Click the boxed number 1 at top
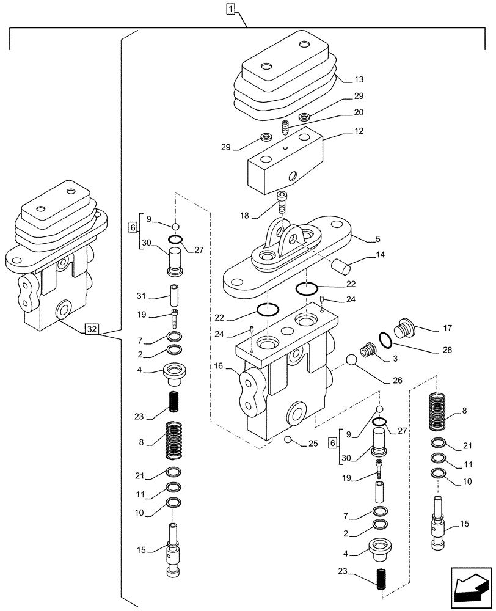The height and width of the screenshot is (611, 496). click(230, 9)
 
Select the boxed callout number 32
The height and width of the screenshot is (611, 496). click(92, 329)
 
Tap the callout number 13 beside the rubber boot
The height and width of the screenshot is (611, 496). click(359, 79)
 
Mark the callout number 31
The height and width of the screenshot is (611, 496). click(141, 296)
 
